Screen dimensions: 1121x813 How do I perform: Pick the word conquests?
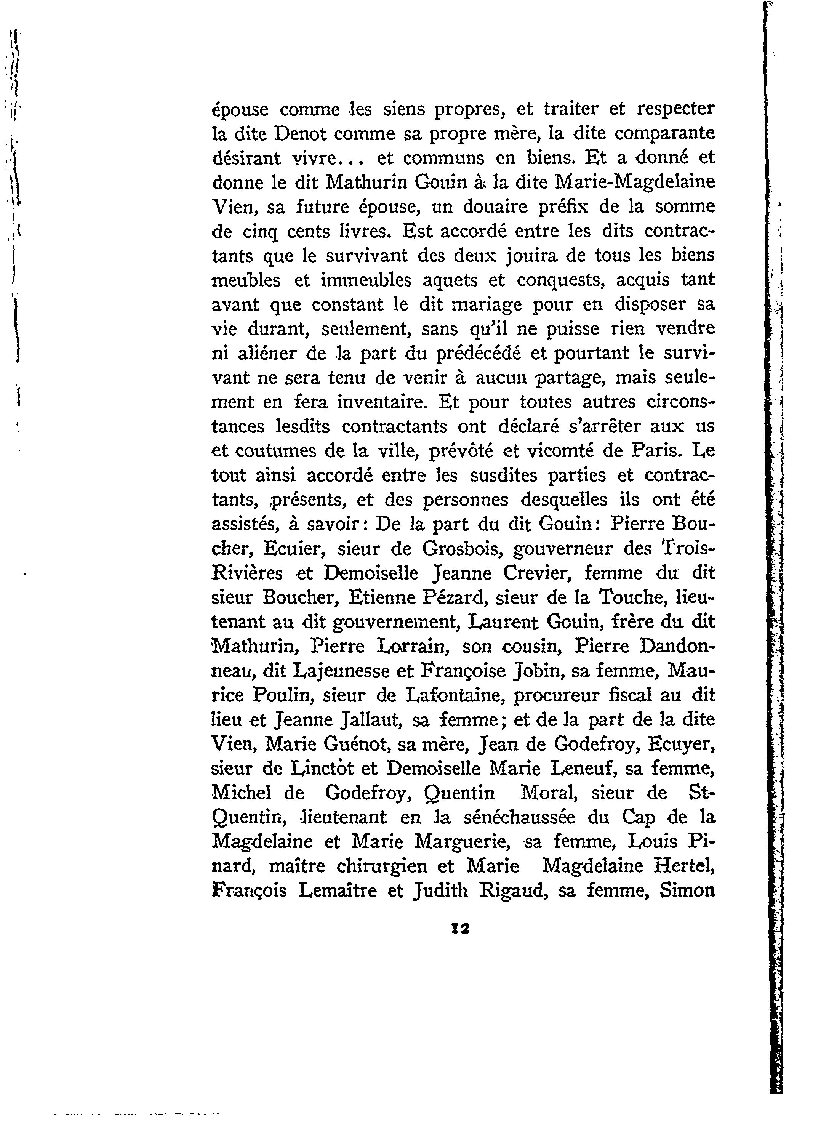[x=560, y=280]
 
